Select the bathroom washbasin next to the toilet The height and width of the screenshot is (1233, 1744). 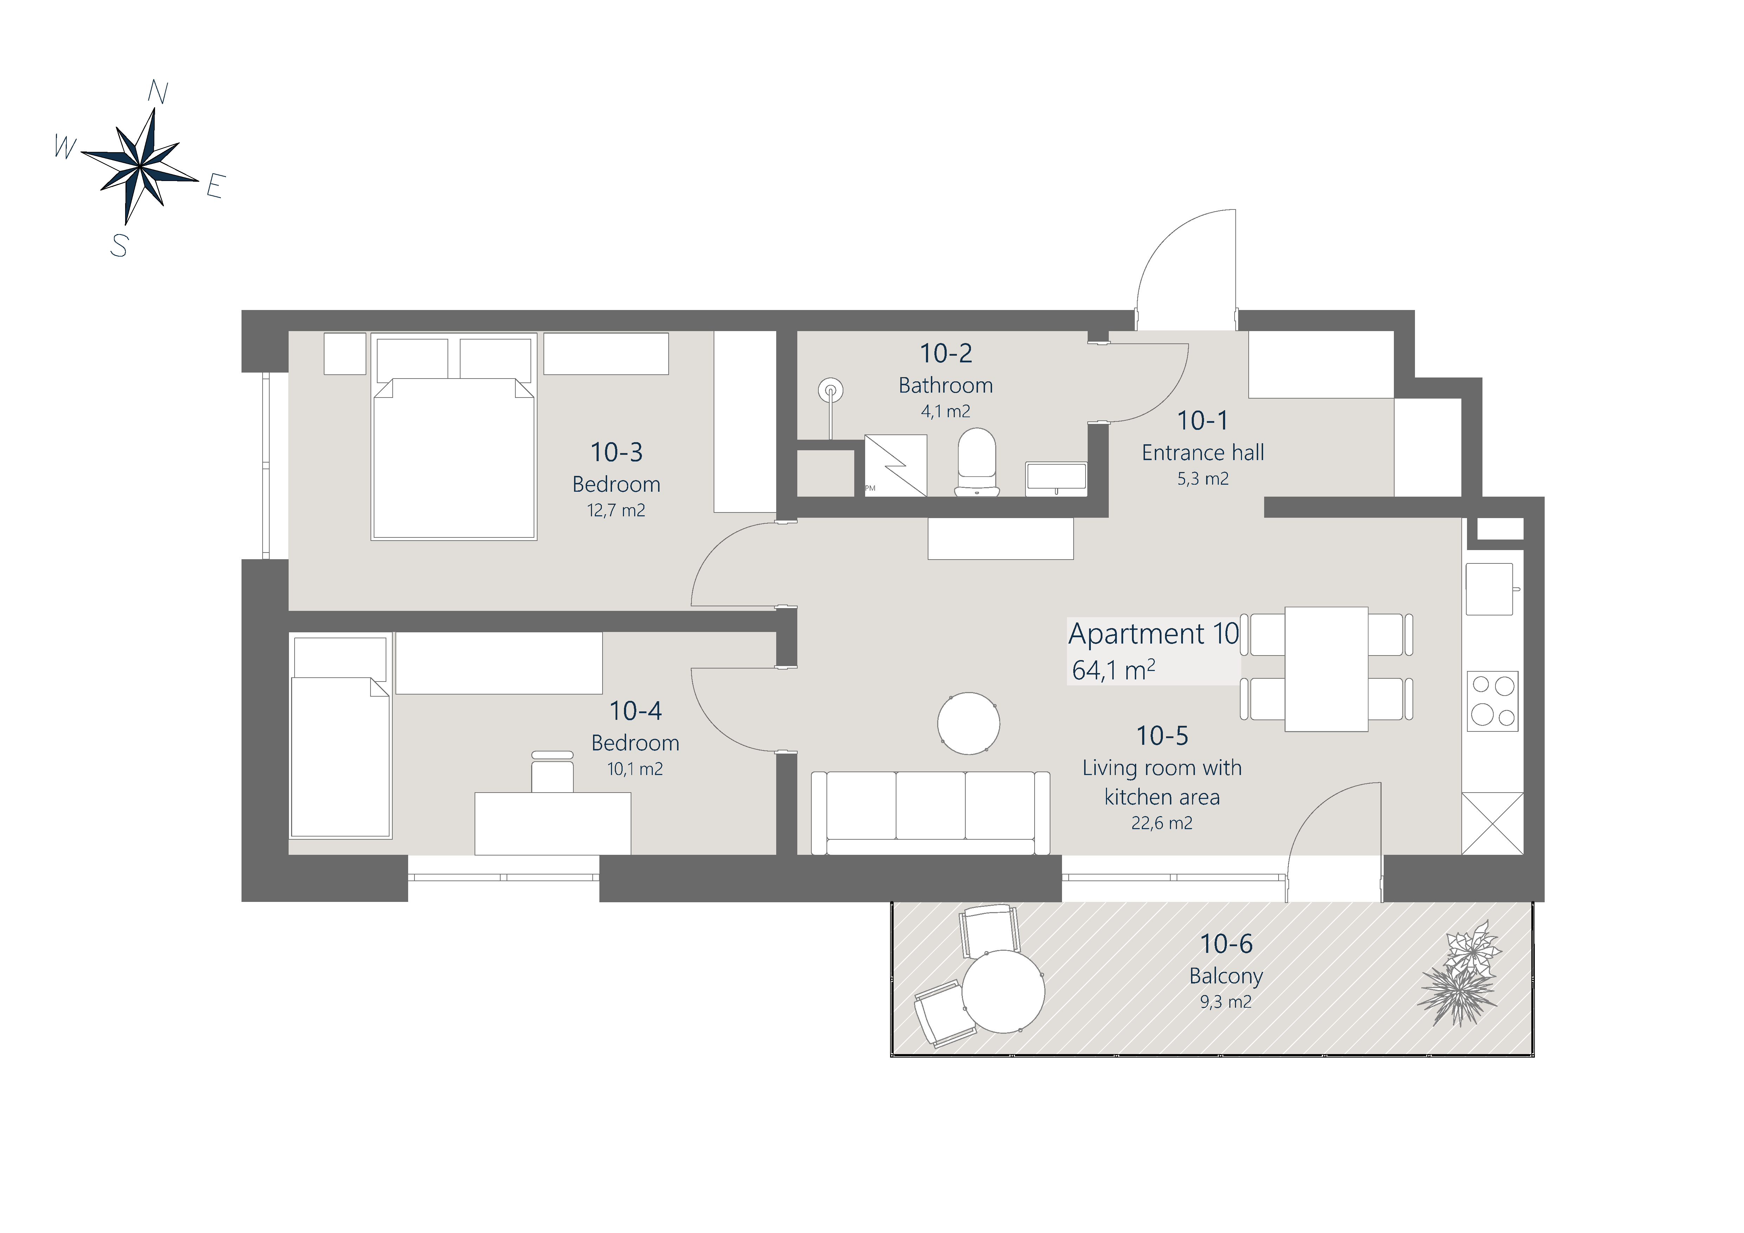(1056, 478)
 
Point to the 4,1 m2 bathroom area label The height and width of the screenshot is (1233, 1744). (946, 412)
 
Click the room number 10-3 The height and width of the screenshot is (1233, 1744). (617, 452)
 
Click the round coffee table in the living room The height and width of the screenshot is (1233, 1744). (968, 723)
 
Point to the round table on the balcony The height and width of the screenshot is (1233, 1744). (1003, 992)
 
